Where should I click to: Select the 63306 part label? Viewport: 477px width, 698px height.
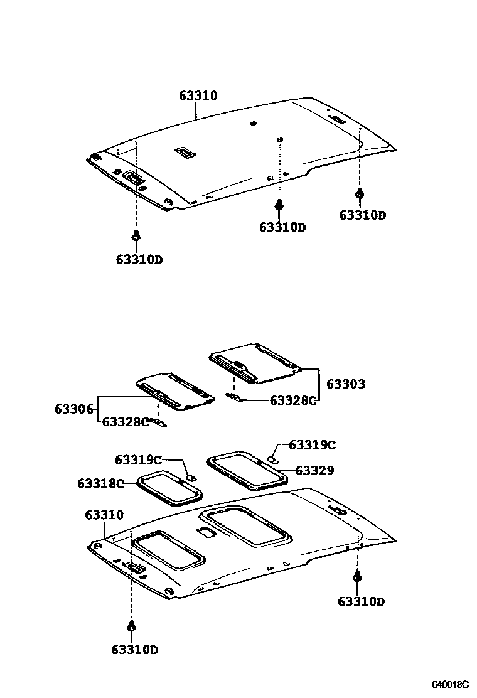(x=74, y=409)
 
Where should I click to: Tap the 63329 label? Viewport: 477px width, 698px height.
(x=314, y=470)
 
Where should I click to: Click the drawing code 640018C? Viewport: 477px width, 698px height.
(x=450, y=684)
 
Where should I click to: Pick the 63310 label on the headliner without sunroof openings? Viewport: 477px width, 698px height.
(x=198, y=96)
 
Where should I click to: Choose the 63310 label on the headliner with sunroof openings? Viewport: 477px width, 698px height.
(x=104, y=515)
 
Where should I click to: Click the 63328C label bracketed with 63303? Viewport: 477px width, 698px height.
(x=293, y=400)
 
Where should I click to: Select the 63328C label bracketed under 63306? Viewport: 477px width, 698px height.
(x=126, y=422)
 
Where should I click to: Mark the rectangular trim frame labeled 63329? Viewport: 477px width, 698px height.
(x=247, y=470)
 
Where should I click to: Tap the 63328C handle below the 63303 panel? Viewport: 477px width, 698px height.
(x=233, y=397)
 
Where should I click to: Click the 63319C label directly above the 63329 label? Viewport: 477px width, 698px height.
(x=312, y=445)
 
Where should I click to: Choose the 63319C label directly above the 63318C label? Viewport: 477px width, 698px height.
(x=138, y=460)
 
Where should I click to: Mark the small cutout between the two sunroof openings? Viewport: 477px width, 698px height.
(x=205, y=532)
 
